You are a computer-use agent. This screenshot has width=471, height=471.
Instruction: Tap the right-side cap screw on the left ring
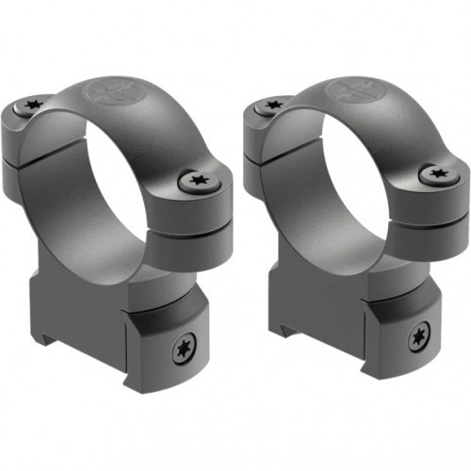tap(197, 179)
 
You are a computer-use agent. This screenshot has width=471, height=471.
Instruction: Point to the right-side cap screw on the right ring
tap(435, 173)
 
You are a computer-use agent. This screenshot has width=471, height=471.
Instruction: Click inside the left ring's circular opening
tap(94, 188)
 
